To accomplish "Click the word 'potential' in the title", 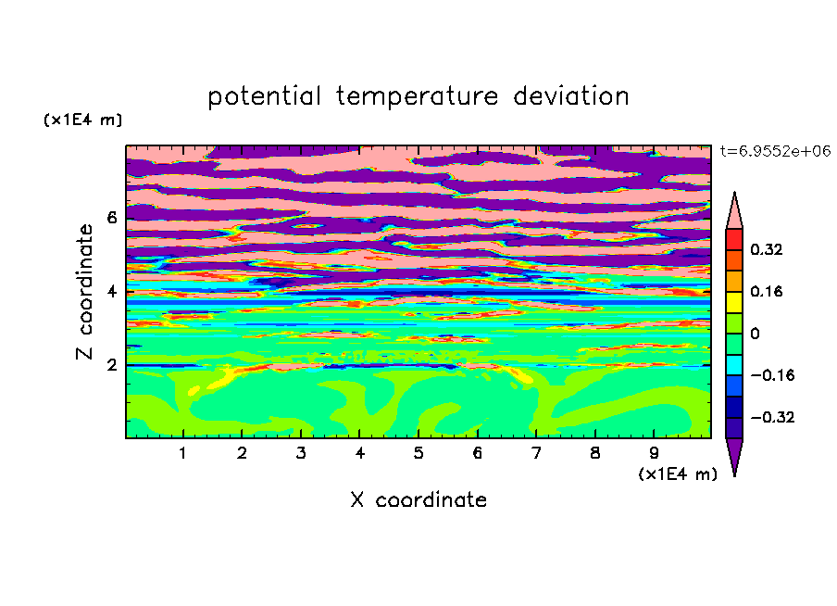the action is (x=264, y=97).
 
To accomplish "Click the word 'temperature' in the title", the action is (x=417, y=97).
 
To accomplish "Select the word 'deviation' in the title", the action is (x=571, y=96).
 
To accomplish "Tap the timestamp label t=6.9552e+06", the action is (x=775, y=151).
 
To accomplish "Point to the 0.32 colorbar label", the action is (x=766, y=249).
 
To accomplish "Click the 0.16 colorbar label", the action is (x=766, y=291).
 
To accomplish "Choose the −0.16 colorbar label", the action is (x=772, y=375).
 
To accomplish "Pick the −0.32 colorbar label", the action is (x=772, y=417).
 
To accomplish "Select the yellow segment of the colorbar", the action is (x=734, y=302).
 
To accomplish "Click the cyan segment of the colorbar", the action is (x=734, y=364).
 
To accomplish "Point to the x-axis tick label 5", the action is (x=418, y=453).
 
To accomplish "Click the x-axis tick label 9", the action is (x=654, y=453).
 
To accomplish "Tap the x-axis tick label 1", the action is (x=183, y=453).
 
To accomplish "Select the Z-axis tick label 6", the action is (x=111, y=218).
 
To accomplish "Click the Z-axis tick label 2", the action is (x=111, y=365).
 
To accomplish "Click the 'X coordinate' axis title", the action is (x=418, y=499).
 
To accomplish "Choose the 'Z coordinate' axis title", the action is (x=84, y=292).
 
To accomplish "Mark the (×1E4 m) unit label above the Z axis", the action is (x=82, y=120).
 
